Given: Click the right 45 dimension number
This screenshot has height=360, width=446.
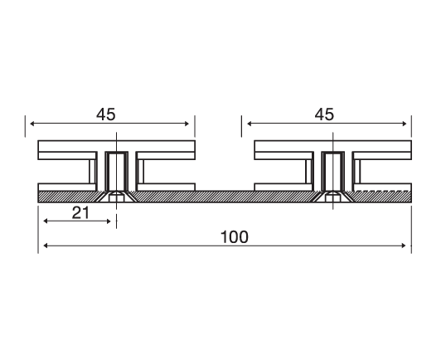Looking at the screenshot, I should (325, 114).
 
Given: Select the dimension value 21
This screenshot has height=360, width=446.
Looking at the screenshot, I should (80, 212).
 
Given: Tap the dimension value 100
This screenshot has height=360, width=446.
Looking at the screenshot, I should (235, 237).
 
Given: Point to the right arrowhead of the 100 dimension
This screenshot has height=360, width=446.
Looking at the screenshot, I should (405, 246).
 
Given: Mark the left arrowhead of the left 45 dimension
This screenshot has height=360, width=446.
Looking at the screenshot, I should (33, 124).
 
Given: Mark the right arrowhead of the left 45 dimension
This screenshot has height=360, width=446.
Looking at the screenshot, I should (188, 124).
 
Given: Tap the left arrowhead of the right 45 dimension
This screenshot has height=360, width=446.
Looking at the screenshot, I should (248, 124).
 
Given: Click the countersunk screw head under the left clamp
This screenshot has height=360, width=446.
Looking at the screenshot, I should (116, 197).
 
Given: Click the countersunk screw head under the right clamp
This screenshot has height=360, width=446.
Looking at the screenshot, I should (332, 197).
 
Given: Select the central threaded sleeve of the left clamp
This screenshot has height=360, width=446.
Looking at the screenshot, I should (116, 170).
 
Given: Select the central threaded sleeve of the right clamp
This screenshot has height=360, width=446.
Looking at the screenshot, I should (332, 170).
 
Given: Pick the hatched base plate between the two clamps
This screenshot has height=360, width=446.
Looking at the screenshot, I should (224, 196).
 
